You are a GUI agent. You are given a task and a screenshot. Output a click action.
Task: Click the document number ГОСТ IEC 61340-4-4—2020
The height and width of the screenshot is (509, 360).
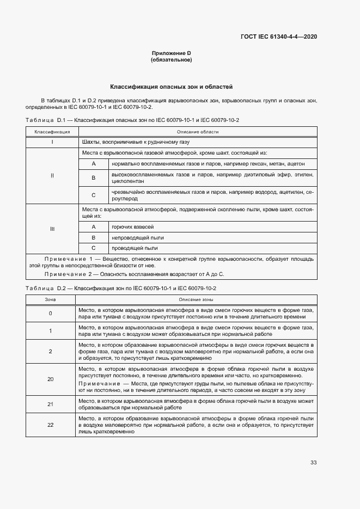click(278, 36)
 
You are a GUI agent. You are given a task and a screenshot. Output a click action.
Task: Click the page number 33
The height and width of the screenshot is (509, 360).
click(313, 463)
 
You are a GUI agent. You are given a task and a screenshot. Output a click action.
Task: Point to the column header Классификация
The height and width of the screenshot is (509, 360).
click(52, 132)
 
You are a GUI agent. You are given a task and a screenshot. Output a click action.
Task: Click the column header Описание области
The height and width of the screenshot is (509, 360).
click(198, 132)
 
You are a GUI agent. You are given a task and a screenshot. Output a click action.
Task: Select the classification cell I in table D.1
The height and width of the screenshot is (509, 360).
click(52, 142)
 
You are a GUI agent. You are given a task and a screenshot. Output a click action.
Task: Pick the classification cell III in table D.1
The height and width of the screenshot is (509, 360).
click(52, 229)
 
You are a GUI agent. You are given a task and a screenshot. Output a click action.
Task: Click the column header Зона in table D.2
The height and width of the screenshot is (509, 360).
click(50, 299)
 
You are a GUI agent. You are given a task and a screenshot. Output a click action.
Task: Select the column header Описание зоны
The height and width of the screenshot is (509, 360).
click(196, 299)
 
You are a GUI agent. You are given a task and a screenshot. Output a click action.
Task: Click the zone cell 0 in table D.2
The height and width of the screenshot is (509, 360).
click(50, 313)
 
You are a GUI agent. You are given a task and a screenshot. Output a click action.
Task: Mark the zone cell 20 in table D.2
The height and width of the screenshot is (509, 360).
click(50, 379)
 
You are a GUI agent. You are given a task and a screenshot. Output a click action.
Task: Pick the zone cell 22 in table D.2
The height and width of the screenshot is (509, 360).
click(50, 425)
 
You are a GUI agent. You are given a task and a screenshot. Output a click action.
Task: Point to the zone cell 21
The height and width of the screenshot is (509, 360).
click(50, 404)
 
